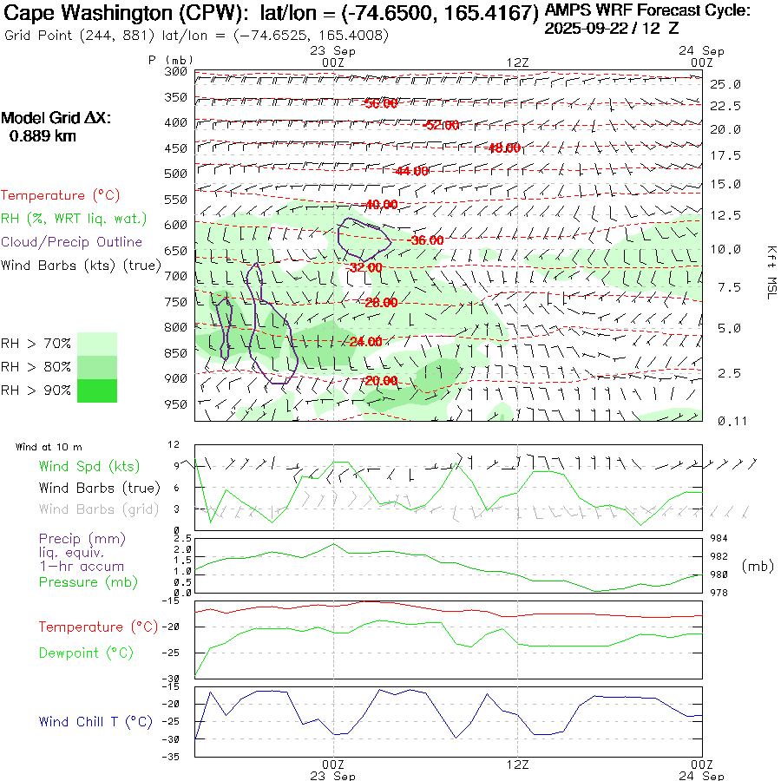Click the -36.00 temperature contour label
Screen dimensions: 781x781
click(426, 240)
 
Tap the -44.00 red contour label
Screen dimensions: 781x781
click(410, 171)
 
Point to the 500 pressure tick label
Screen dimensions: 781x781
click(176, 174)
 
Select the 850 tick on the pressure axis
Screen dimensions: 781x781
click(176, 353)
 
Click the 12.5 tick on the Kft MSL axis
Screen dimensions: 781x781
click(725, 214)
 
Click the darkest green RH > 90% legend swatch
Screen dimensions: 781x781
click(97, 390)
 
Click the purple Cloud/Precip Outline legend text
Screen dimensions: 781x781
click(72, 242)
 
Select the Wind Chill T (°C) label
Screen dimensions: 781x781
click(95, 722)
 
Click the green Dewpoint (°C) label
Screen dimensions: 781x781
click(82, 652)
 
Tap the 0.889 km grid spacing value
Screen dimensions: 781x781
click(43, 135)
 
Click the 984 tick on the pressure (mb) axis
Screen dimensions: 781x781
click(719, 539)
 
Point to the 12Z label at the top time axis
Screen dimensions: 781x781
click(517, 62)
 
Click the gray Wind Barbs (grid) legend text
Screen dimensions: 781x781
click(89, 509)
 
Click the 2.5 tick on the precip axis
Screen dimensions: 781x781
click(181, 539)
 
